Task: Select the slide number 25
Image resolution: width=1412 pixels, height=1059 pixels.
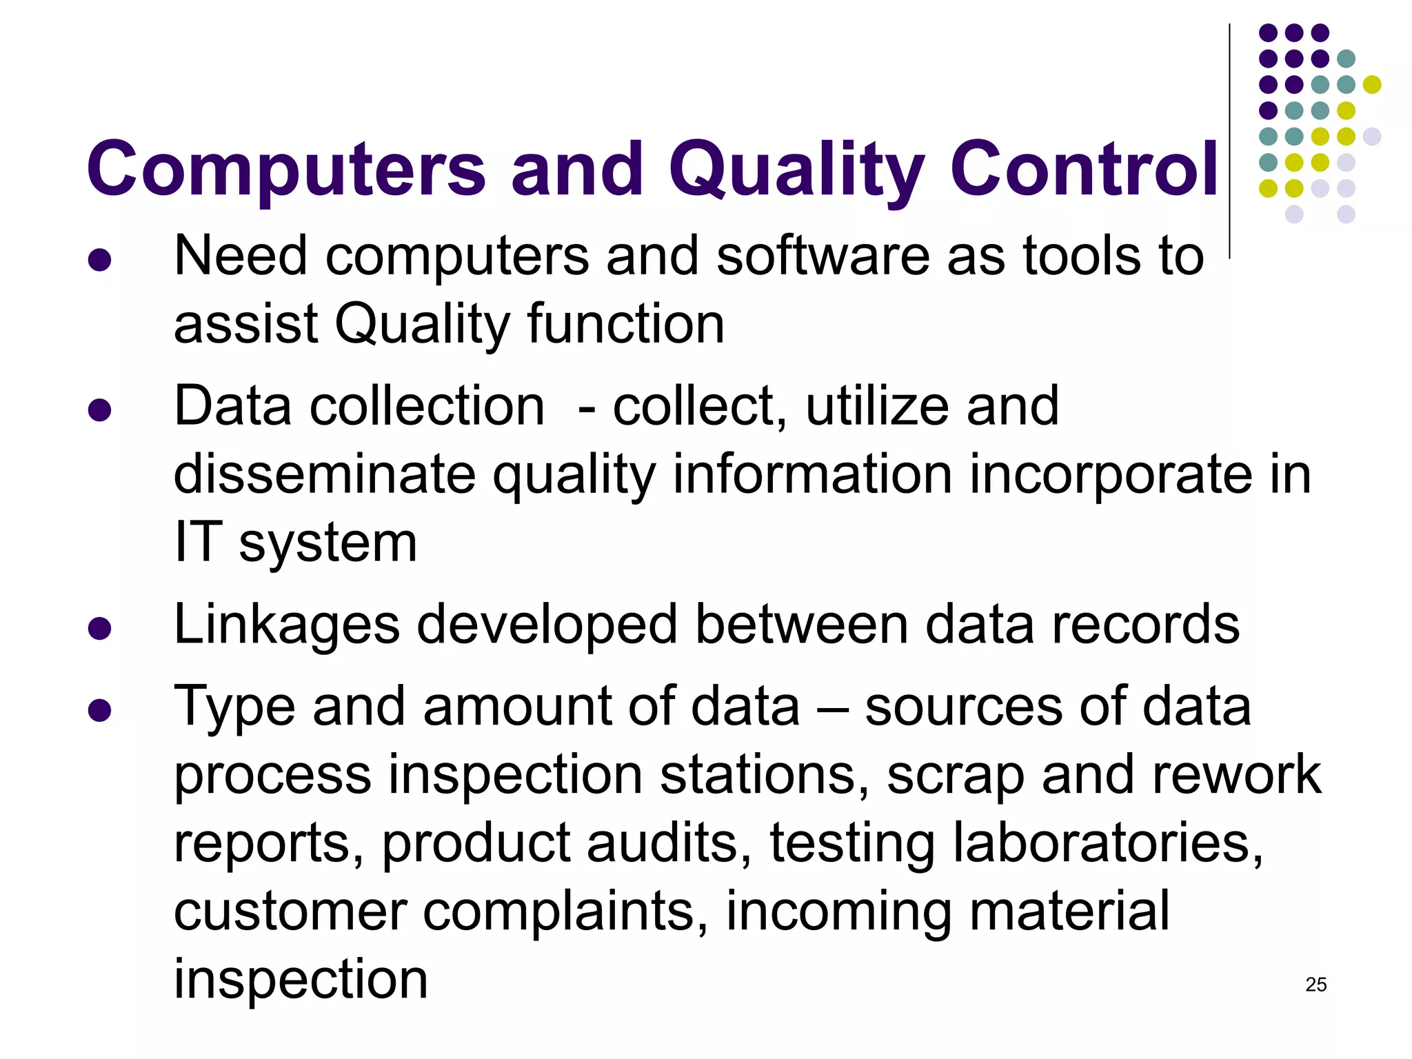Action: click(x=1315, y=985)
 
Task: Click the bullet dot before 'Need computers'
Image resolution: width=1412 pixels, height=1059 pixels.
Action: click(x=100, y=260)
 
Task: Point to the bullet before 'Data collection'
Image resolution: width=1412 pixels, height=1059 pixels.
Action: click(x=100, y=410)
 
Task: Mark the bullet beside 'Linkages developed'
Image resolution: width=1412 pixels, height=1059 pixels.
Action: click(x=100, y=629)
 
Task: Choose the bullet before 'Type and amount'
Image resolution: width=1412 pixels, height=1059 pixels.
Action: click(x=100, y=710)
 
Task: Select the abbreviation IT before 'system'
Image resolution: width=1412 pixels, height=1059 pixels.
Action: click(x=199, y=542)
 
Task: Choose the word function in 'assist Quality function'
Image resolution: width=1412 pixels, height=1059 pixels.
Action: click(x=626, y=324)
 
